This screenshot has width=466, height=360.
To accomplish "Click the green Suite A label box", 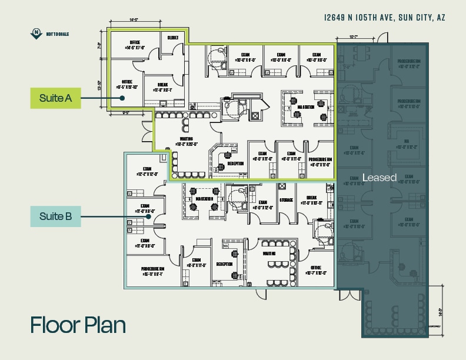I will (x=55, y=98).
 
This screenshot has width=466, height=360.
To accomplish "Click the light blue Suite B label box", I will (x=55, y=216).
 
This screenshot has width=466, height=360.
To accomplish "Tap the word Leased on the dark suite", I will (x=380, y=177).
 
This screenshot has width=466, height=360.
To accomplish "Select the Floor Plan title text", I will (x=78, y=324).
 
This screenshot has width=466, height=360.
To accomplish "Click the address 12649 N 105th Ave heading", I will (x=385, y=18).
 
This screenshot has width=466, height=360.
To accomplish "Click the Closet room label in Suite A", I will (x=172, y=37).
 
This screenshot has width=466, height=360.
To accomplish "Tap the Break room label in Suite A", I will (x=162, y=87).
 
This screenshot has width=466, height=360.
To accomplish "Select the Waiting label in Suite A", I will (x=184, y=141).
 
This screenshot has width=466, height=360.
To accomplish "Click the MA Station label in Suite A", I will (x=305, y=107).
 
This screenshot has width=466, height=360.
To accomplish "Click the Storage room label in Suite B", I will (x=287, y=199).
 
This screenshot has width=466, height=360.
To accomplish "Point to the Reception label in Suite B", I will (x=224, y=265).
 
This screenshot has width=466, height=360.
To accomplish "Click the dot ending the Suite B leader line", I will (x=149, y=216).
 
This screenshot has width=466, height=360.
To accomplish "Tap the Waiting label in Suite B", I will (x=269, y=254).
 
